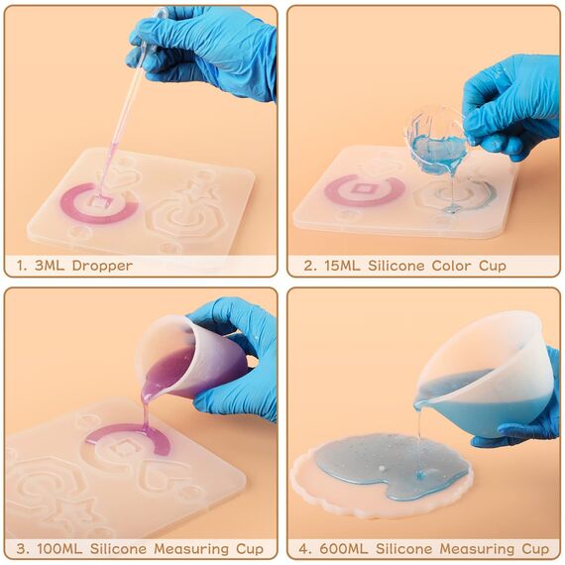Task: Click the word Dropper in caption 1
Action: [102, 266]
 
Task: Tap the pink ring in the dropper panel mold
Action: [99, 200]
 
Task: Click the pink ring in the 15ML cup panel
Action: [364, 188]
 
